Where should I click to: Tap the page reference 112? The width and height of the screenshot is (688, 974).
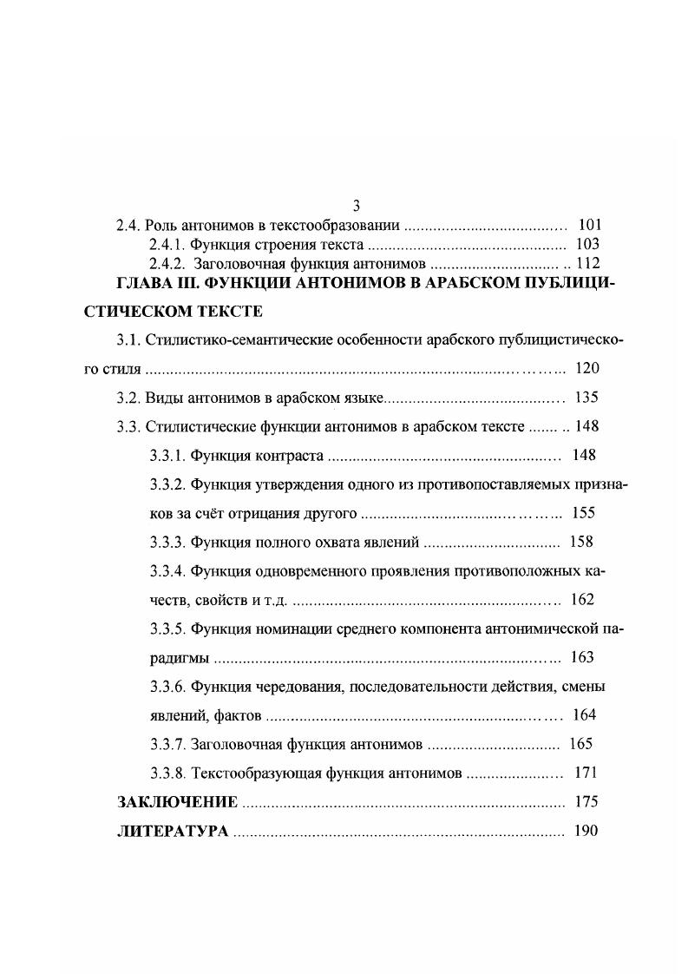tap(588, 264)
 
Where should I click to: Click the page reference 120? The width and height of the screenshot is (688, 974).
tap(586, 369)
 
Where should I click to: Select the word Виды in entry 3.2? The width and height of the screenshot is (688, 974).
tap(163, 398)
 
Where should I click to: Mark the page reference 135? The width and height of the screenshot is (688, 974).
tap(586, 398)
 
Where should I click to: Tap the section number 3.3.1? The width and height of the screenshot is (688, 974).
tap(167, 455)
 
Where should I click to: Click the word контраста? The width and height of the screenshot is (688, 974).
tap(291, 455)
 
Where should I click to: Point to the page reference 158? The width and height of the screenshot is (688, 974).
tap(581, 542)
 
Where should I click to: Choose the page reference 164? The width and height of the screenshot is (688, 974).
tap(586, 715)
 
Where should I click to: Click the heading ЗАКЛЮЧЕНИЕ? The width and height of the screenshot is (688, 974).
tap(177, 802)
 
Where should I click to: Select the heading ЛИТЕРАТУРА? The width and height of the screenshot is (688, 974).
tap(173, 832)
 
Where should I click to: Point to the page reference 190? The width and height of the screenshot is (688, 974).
tap(586, 832)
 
